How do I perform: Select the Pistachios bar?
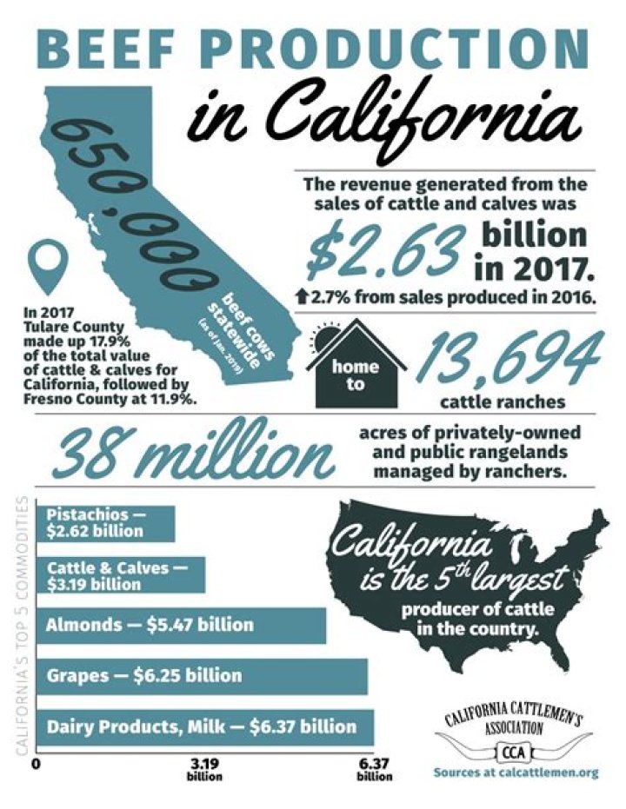point(109,524)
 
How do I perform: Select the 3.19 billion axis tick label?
point(205,769)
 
